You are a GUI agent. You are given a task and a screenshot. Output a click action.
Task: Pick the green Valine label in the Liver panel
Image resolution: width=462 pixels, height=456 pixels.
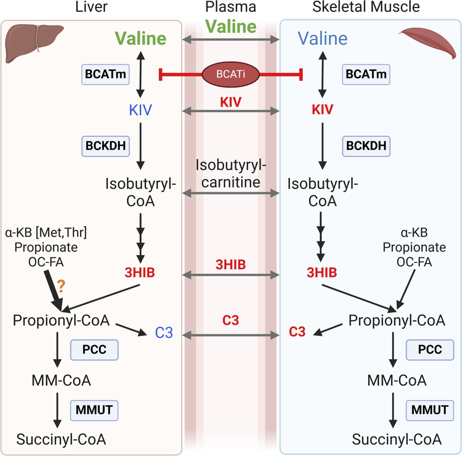(x=140, y=39)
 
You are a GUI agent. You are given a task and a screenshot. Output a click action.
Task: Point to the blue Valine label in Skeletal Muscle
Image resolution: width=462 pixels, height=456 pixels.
(x=322, y=38)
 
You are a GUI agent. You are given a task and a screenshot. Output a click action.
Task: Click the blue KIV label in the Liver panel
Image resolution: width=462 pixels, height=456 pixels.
(x=140, y=110)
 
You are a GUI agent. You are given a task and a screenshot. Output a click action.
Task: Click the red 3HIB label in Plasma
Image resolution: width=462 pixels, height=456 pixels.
(x=230, y=264)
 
